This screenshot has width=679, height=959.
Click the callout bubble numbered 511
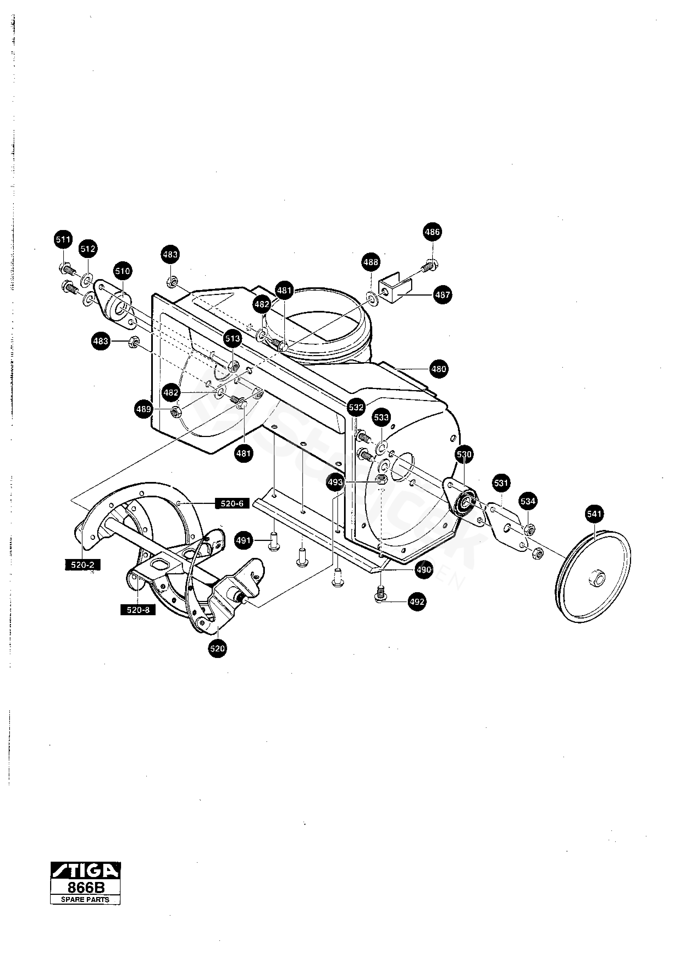coord(64,240)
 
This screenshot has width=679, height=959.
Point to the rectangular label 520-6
coord(232,503)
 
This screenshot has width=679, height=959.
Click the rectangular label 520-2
coord(83,565)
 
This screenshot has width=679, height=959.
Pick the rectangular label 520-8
coord(138,610)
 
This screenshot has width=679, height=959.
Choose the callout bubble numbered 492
coord(417,602)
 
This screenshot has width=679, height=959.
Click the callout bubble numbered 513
coord(233,339)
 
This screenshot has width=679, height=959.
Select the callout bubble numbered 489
coord(144,409)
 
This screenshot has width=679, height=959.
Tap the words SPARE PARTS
coord(85,899)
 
